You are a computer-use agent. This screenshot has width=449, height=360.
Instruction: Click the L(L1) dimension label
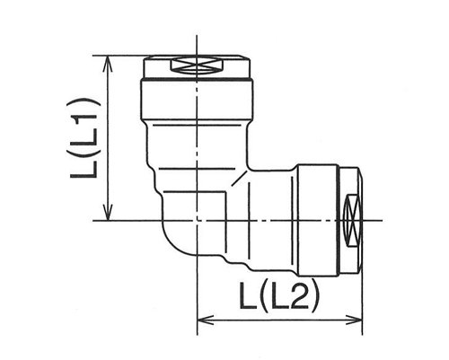pyautogui.click(x=84, y=138)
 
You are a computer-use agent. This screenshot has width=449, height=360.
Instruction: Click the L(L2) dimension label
pyautogui.click(x=279, y=295)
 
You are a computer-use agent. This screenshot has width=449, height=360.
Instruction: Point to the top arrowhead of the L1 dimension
pyautogui.click(x=108, y=64)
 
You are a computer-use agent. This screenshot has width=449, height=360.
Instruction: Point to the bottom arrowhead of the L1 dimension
pyautogui.click(x=108, y=213)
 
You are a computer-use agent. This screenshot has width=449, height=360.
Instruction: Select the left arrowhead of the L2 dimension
pyautogui.click(x=206, y=320)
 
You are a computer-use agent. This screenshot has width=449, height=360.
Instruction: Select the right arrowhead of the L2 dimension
pyautogui.click(x=354, y=320)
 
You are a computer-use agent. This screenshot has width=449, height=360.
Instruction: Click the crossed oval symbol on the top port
pyautogui.click(x=197, y=66)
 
